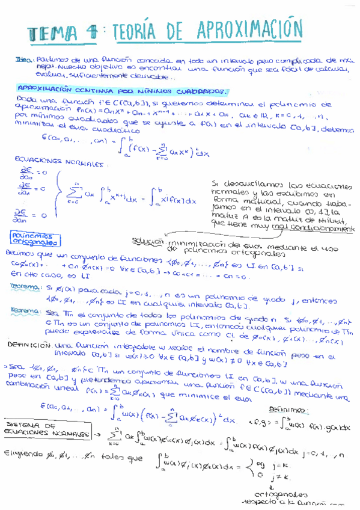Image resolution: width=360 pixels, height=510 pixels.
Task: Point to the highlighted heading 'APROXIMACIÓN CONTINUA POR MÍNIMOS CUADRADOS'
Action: (x=122, y=91)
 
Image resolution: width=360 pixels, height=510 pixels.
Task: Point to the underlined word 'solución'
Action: (x=149, y=241)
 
